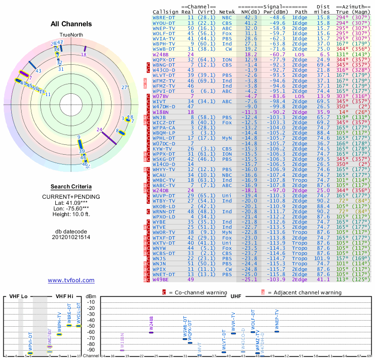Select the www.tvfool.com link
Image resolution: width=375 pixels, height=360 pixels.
(71, 280)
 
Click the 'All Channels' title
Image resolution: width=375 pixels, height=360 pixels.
(71, 24)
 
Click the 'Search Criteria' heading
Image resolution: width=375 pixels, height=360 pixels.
(71, 187)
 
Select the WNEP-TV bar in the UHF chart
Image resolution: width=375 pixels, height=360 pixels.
(277, 331)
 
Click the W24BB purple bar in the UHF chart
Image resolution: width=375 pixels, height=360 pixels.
(151, 332)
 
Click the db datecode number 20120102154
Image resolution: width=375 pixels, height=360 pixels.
(71, 237)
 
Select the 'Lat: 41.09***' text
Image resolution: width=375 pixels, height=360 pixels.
(71, 202)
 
